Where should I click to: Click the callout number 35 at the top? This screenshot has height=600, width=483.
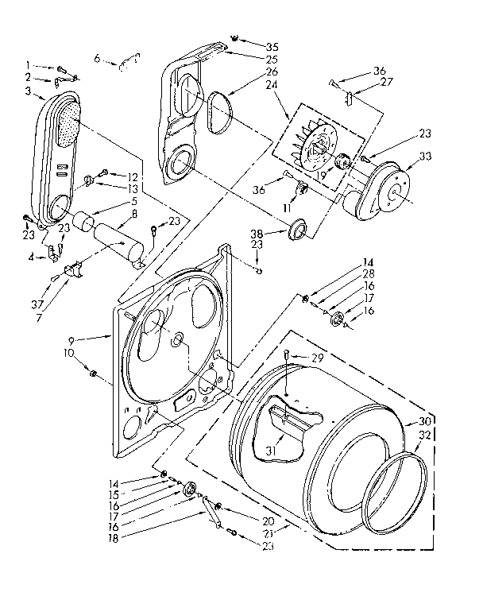[272, 46]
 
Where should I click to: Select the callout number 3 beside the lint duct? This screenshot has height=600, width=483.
[28, 93]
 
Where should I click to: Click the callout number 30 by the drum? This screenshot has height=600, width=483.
[425, 422]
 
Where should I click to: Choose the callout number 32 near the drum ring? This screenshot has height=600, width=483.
[426, 436]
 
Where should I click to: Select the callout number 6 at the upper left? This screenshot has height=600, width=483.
[98, 57]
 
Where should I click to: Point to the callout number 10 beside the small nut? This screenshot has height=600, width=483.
[71, 351]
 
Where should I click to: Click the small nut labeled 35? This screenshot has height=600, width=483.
[236, 38]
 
